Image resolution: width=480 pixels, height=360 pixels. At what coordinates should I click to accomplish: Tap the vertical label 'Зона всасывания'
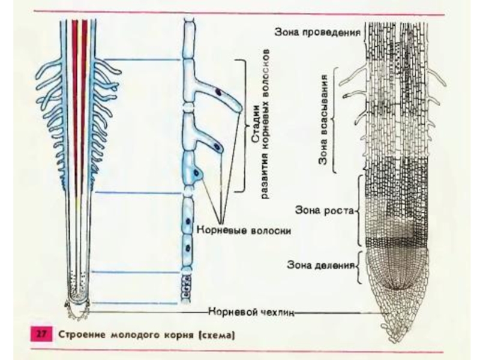tap(325, 120)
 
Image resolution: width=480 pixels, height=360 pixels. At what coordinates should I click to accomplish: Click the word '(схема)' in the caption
tap(221, 334)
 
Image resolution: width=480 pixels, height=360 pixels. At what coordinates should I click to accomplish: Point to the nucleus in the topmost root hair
tap(220, 93)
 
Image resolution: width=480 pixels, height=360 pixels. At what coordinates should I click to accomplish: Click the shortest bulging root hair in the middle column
tap(197, 174)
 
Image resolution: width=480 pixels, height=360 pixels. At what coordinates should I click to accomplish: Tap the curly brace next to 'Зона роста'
tap(359, 211)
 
